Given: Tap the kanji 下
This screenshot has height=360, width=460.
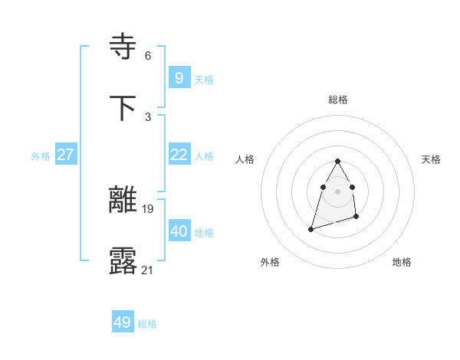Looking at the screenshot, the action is (124, 107).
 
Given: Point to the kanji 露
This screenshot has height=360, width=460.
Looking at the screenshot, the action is (124, 260).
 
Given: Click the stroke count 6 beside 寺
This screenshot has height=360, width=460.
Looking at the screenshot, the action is (148, 55).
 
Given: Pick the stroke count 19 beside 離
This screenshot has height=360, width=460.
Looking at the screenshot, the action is (148, 208).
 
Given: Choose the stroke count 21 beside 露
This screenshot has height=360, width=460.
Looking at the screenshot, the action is (148, 269).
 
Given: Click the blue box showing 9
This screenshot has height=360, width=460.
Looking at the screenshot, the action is (179, 77).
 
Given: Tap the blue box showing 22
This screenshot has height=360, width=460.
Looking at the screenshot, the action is (179, 154).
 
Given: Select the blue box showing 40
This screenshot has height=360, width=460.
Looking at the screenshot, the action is (179, 231).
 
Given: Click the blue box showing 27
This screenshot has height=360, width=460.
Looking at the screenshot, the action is (66, 154).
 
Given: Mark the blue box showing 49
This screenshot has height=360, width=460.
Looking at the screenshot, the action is (123, 322).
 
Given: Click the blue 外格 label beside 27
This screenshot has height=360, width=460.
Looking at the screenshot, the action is (41, 156).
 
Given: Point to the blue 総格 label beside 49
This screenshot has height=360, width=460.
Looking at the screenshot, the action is (147, 324).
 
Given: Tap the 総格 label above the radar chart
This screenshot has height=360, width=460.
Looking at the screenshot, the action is (338, 100).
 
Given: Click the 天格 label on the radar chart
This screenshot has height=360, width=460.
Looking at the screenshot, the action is (431, 159).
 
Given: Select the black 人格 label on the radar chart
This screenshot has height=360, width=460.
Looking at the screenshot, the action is (245, 159).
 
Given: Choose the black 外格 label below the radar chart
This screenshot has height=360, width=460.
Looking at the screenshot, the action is (270, 262).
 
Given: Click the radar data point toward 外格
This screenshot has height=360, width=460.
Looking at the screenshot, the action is (311, 228).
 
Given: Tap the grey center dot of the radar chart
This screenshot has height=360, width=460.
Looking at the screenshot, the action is (338, 191).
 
